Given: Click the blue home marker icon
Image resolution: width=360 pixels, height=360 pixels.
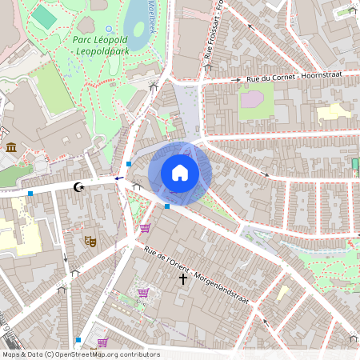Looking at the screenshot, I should [179, 173].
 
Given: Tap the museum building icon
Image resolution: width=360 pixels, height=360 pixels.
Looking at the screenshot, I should [11, 147].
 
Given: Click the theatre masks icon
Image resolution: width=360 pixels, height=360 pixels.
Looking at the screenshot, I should [90, 239].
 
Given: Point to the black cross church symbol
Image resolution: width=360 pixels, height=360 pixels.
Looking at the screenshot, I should [183, 279].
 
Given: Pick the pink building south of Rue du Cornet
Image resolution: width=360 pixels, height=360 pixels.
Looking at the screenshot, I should [253, 100].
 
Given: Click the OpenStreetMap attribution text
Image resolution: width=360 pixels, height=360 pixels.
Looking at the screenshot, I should [80, 354].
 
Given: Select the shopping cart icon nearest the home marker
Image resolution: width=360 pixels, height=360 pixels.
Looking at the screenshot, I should [145, 228].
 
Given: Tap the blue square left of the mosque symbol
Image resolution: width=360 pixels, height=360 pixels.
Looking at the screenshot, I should [30, 194].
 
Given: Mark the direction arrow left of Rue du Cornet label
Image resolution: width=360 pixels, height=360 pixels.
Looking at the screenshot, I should [236, 80].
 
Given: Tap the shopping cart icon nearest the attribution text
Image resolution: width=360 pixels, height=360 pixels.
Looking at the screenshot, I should [102, 342].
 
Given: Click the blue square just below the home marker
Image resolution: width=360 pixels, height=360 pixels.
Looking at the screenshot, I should [167, 206].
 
